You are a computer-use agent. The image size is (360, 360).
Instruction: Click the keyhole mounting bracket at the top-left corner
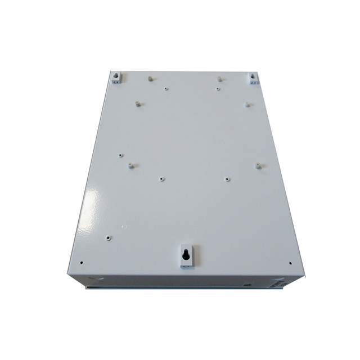click(x=116, y=76)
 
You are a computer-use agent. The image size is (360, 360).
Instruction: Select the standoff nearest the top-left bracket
click(x=150, y=79)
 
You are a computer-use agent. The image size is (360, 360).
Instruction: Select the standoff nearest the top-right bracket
click(x=218, y=79)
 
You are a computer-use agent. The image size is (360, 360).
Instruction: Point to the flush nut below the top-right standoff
click(x=219, y=88)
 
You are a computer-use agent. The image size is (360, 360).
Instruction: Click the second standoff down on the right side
click(x=247, y=103)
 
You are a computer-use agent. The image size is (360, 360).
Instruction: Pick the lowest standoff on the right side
click(x=258, y=165)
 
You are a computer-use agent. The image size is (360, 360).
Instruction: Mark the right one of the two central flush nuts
click(x=227, y=180)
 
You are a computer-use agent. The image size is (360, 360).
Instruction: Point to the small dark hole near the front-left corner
click(x=82, y=262)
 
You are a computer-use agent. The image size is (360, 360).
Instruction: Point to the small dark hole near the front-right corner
click(x=289, y=263)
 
